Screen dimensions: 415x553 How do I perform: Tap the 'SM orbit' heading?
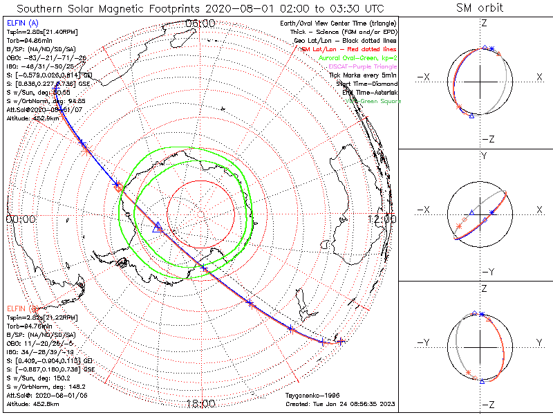(480, 8)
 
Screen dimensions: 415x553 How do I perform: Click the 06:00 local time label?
(200, 24)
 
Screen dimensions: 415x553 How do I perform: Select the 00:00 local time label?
(21, 219)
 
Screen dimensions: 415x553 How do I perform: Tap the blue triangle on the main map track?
(157, 226)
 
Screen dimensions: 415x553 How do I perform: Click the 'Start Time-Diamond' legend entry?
(366, 84)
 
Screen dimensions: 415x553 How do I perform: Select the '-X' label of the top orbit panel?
(426, 77)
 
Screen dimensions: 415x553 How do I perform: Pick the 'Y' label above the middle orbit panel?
(482, 156)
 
